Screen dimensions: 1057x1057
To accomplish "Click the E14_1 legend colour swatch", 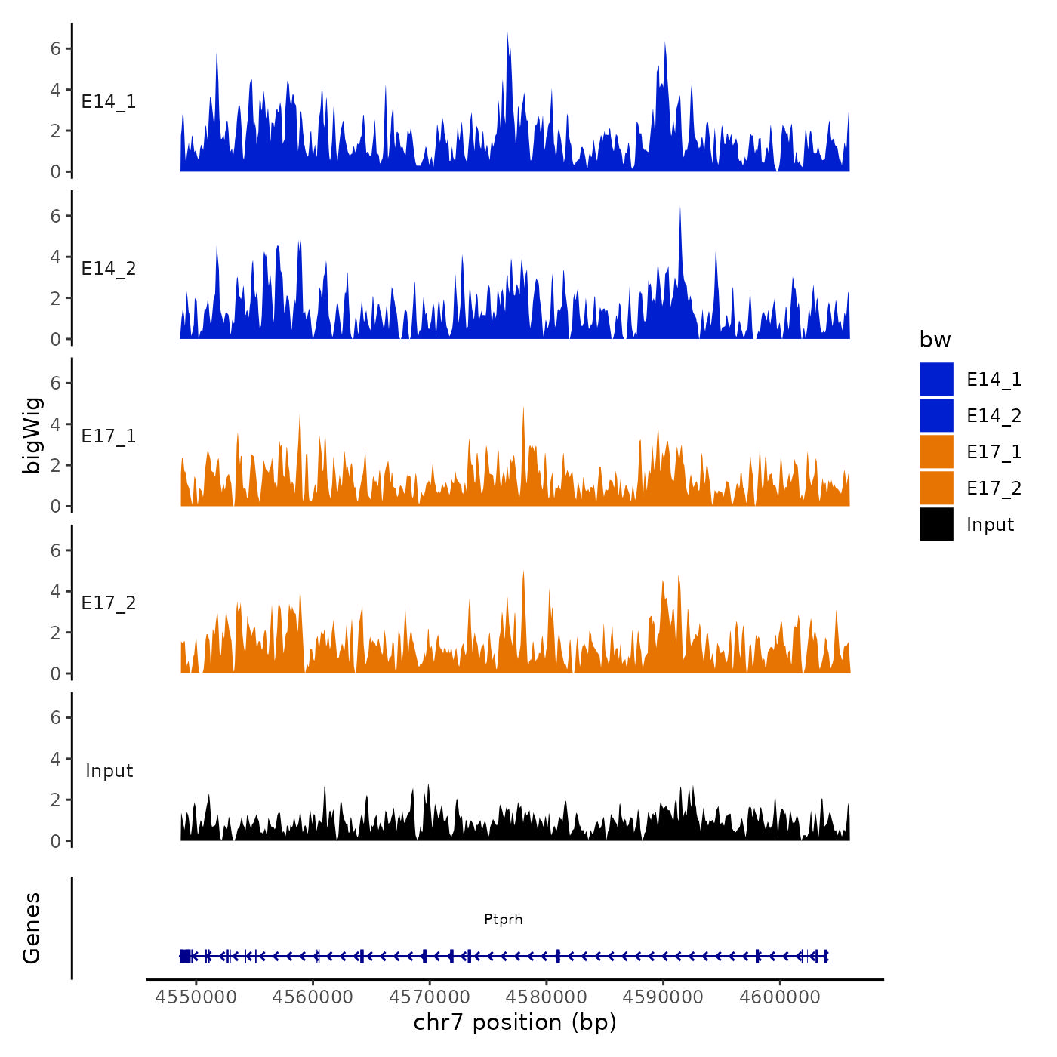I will (x=936, y=379).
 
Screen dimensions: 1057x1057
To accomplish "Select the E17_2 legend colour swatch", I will (x=936, y=488).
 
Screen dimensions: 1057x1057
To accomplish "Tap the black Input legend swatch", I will (x=936, y=524).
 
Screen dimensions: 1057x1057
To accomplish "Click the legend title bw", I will (x=935, y=340).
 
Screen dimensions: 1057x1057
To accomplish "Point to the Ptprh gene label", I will (x=503, y=919).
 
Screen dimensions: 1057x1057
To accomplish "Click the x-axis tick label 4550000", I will (x=196, y=997).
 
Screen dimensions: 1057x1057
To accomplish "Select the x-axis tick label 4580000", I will (x=547, y=997).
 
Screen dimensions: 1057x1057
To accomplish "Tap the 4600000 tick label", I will (x=780, y=997).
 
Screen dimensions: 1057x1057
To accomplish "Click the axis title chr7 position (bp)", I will (x=515, y=1022).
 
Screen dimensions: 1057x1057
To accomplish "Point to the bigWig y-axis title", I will (x=32, y=435).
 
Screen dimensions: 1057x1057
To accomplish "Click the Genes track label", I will (x=32, y=928).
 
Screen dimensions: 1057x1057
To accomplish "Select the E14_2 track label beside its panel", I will (x=109, y=269).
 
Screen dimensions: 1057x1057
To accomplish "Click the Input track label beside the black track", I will (x=109, y=771).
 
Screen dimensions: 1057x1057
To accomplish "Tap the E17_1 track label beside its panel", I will (x=109, y=436).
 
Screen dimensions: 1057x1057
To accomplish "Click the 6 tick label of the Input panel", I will (x=55, y=717).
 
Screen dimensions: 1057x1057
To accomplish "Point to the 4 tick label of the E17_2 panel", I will (x=55, y=591).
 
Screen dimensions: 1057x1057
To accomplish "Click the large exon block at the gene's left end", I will (x=186, y=956).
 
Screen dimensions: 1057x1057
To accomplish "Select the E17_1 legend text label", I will (x=994, y=451).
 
